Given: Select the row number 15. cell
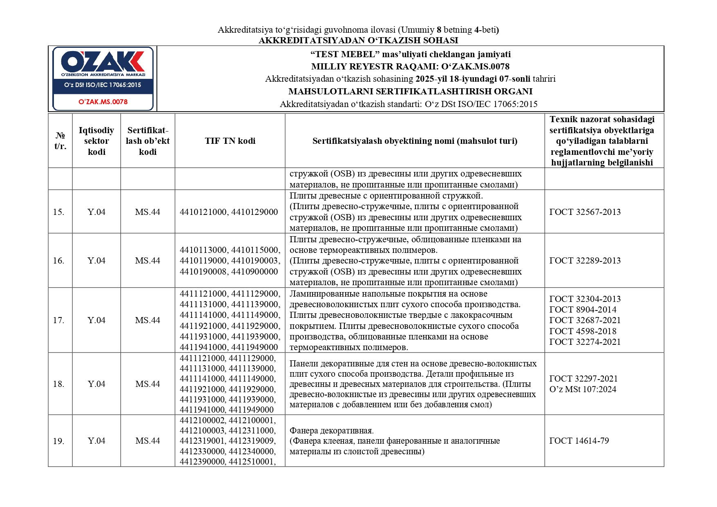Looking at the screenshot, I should (x=58, y=212).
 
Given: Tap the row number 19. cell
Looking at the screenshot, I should (x=58, y=441).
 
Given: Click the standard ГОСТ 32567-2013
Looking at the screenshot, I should (x=585, y=212).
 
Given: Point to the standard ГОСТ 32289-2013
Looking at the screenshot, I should (x=585, y=261).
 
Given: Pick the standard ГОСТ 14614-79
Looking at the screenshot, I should (x=579, y=441).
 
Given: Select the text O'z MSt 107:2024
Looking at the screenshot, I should (x=583, y=389).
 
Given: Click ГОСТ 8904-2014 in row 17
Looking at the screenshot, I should (x=583, y=310).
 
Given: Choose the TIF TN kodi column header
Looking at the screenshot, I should (x=230, y=141).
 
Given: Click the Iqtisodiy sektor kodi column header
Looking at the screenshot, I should (x=96, y=141).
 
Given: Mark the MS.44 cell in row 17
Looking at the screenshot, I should (x=147, y=320).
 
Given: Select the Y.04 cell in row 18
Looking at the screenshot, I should (x=96, y=384).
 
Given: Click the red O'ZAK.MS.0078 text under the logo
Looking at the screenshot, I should (x=103, y=102).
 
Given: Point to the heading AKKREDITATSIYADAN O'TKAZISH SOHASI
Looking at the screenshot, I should (x=358, y=40).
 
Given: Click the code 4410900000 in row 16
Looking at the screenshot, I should (x=255, y=272).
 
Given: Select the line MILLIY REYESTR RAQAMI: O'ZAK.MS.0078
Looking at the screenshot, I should (x=410, y=67).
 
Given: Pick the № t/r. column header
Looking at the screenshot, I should (x=60, y=141).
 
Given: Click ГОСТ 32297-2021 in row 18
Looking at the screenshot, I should (x=583, y=379).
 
